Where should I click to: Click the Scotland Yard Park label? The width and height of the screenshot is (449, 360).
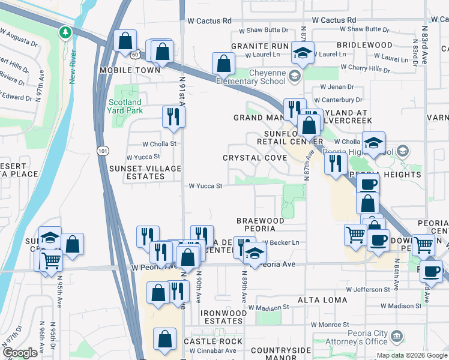click(x=125, y=106)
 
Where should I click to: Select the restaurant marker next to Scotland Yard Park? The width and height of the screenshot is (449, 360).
click(x=173, y=116)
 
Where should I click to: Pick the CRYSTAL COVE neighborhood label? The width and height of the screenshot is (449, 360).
click(x=255, y=158)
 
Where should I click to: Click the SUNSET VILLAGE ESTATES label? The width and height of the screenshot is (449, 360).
click(x=145, y=173)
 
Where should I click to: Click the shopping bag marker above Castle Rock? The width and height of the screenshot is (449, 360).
click(x=164, y=339)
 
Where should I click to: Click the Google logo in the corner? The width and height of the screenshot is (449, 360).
click(x=20, y=353)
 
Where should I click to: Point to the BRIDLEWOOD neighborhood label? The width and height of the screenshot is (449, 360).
click(x=364, y=46)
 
